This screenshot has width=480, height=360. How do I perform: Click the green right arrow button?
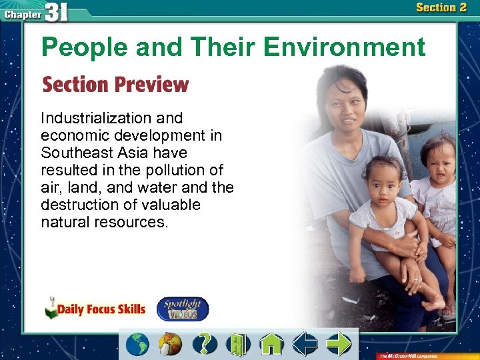[x=339, y=344]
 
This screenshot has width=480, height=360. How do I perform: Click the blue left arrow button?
[x=306, y=344]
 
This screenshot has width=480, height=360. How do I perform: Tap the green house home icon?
[x=271, y=344]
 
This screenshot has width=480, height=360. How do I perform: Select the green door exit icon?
[x=237, y=344]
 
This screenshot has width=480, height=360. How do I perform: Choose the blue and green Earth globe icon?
[x=138, y=344]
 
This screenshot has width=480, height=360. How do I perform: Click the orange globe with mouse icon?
[x=170, y=344]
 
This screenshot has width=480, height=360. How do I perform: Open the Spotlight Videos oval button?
[x=182, y=309]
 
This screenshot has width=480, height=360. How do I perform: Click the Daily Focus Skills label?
[x=101, y=309]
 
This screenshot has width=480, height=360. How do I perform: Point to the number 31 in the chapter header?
[x=56, y=12]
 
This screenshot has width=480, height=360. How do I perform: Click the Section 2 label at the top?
[x=441, y=8]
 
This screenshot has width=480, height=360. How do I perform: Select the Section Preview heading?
[x=115, y=85]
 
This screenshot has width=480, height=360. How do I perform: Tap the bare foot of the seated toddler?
[x=433, y=303]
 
